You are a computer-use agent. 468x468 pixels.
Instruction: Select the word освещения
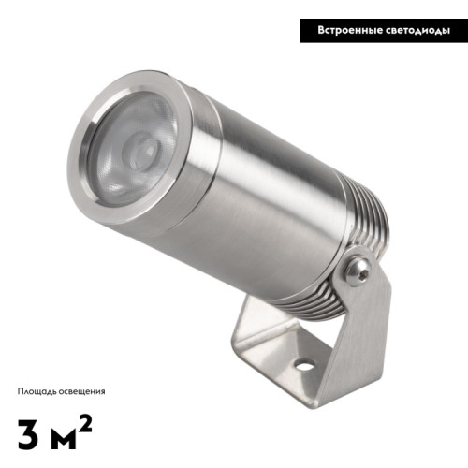[x=80, y=391]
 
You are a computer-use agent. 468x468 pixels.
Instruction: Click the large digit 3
[x=28, y=434]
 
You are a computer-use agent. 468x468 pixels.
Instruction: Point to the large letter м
[x=63, y=438]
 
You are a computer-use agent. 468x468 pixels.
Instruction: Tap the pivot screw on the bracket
[x=359, y=273]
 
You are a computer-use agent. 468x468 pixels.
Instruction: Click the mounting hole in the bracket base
[x=304, y=365]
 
